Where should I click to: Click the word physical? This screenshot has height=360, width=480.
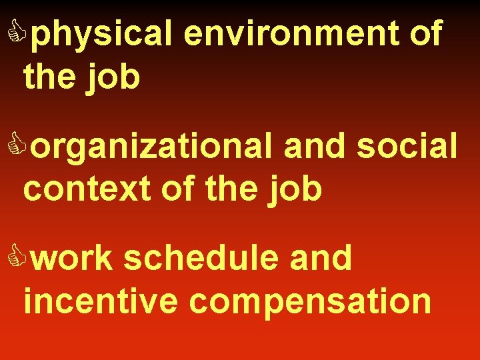(x=102, y=35)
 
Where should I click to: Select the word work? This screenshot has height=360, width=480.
(x=71, y=258)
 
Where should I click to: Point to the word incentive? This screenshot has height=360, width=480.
(x=101, y=301)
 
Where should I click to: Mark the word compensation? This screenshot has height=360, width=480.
(x=310, y=302)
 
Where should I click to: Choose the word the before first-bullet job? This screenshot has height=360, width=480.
(x=52, y=77)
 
